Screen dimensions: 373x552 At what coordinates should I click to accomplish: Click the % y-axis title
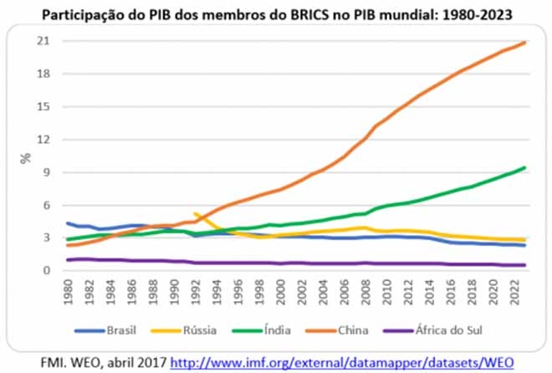(x=26, y=156)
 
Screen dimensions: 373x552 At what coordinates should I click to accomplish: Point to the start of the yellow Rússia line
(x=195, y=214)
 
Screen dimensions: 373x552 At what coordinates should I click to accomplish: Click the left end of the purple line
(x=67, y=260)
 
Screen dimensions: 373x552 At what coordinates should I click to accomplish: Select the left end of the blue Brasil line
(x=67, y=222)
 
